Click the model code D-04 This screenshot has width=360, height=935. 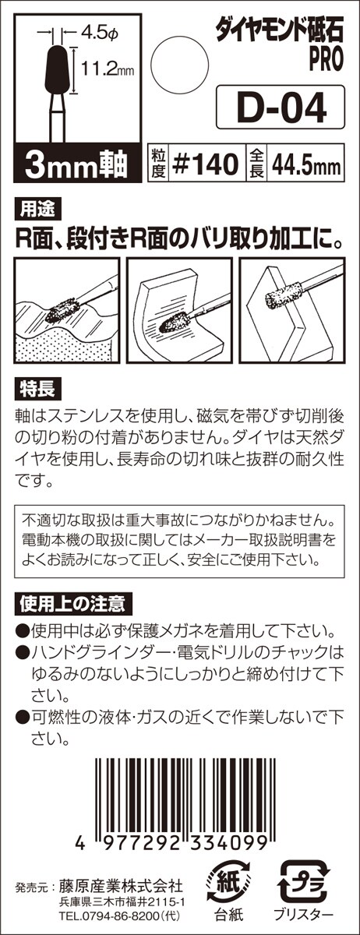[x=281, y=108]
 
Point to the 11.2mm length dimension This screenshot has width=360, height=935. [x=108, y=69]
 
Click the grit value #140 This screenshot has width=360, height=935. [x=206, y=164]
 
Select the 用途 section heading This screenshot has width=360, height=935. [x=37, y=210]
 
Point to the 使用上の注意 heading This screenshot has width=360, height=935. [x=73, y=604]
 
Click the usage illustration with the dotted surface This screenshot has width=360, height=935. [x=67, y=311]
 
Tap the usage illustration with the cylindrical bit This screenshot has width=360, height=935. [x=291, y=311]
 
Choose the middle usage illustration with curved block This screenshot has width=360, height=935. [x=179, y=311]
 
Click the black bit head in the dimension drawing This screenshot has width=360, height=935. [x=57, y=69]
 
